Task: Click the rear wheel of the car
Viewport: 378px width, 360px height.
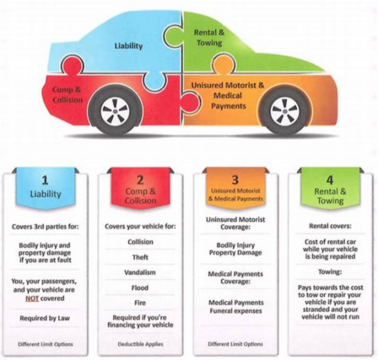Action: pos(114,110)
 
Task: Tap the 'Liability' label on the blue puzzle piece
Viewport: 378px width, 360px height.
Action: pos(128,46)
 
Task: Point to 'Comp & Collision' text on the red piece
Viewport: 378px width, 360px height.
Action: pos(68,94)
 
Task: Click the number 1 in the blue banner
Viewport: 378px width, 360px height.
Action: pos(45,180)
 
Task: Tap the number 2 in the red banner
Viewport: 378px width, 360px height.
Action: pos(140,180)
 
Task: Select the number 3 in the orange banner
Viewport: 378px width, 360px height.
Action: pos(235,180)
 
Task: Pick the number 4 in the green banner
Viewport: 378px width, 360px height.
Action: pos(330,180)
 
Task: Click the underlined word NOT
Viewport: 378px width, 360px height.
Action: pos(32,299)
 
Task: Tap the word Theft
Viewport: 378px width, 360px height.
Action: pos(140,257)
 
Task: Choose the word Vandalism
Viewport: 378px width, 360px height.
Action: pos(140,272)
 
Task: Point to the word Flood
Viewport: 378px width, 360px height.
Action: pos(140,288)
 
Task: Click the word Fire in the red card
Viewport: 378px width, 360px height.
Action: pos(140,303)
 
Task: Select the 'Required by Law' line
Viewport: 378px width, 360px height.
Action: pos(45,318)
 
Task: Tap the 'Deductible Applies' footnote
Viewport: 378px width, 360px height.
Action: pos(140,344)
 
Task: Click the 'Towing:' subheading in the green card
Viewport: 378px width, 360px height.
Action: pos(330,272)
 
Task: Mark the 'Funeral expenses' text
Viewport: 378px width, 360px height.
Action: pos(235,311)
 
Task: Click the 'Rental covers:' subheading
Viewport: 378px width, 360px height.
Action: pos(330,226)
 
